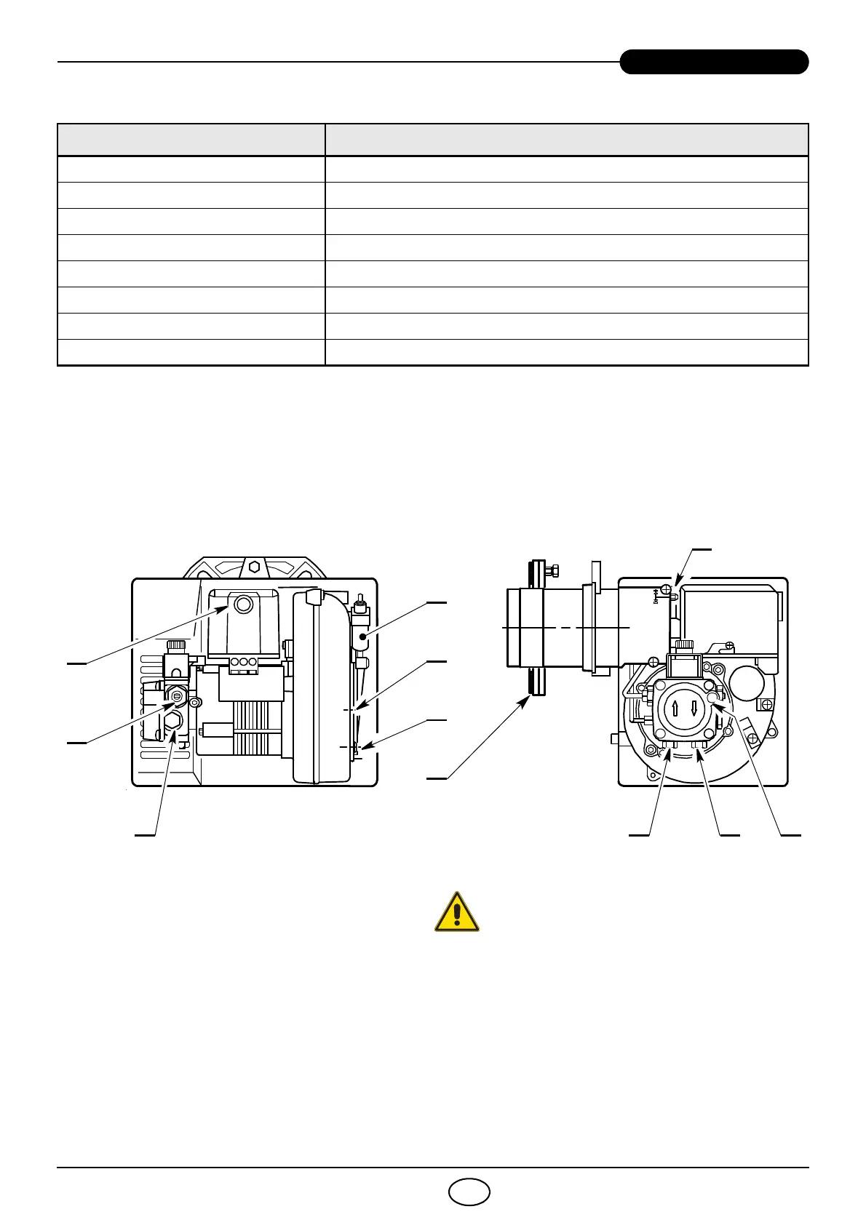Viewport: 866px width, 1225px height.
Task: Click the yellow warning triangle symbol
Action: [457, 912]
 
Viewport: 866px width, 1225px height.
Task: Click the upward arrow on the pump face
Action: [675, 708]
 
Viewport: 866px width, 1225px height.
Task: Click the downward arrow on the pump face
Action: [694, 708]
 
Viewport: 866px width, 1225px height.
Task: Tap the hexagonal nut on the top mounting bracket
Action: [254, 567]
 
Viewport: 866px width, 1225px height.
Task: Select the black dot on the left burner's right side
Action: [362, 637]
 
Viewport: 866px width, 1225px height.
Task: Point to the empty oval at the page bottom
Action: [469, 1192]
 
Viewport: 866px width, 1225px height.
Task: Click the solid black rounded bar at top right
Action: [714, 62]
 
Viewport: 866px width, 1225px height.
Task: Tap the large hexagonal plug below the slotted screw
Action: [173, 721]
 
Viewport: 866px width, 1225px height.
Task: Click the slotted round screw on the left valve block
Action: [176, 696]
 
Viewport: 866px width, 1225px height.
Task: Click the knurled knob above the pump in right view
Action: [683, 645]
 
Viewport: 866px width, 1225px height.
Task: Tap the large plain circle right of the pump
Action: [745, 684]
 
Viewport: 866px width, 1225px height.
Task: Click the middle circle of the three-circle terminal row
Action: [243, 662]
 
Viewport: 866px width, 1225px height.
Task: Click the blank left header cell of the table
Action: [191, 140]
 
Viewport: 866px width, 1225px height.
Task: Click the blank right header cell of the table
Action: [566, 140]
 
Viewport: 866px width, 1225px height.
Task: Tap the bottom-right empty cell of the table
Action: [566, 352]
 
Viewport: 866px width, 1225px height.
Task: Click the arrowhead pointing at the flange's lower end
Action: [527, 700]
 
